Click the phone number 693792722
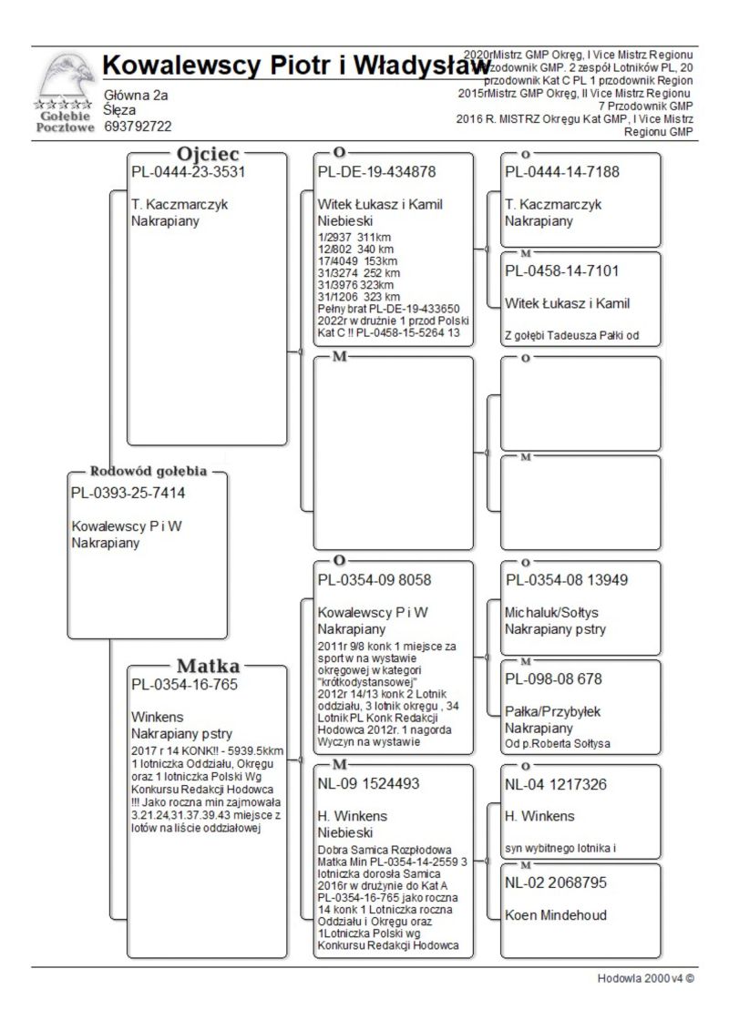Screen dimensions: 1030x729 [139, 127]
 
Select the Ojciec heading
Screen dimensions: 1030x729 [209, 154]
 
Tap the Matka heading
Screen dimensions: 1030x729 [209, 665]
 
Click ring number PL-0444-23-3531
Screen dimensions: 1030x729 [189, 171]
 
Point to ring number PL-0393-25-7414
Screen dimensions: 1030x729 [128, 494]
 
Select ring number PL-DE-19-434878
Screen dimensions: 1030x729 [376, 171]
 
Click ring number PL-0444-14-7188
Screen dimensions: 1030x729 [561, 171]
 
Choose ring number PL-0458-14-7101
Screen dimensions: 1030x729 [562, 271]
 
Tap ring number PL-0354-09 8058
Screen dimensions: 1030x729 [375, 579]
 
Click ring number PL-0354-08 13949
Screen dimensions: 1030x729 [567, 579]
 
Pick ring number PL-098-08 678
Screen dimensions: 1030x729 [554, 679]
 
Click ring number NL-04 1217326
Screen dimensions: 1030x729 [556, 784]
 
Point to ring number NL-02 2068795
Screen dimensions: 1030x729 [557, 883]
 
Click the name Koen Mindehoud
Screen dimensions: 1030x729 [557, 915]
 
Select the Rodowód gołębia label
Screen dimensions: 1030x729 [149, 472]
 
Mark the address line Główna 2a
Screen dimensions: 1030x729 [137, 95]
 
